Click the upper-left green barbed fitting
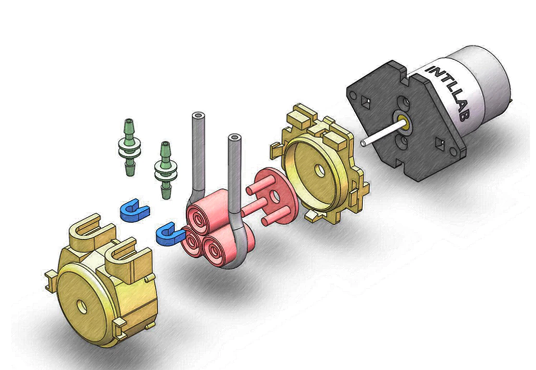(x=129, y=147)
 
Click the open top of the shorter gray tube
(x=234, y=138)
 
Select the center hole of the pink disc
(x=275, y=195)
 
